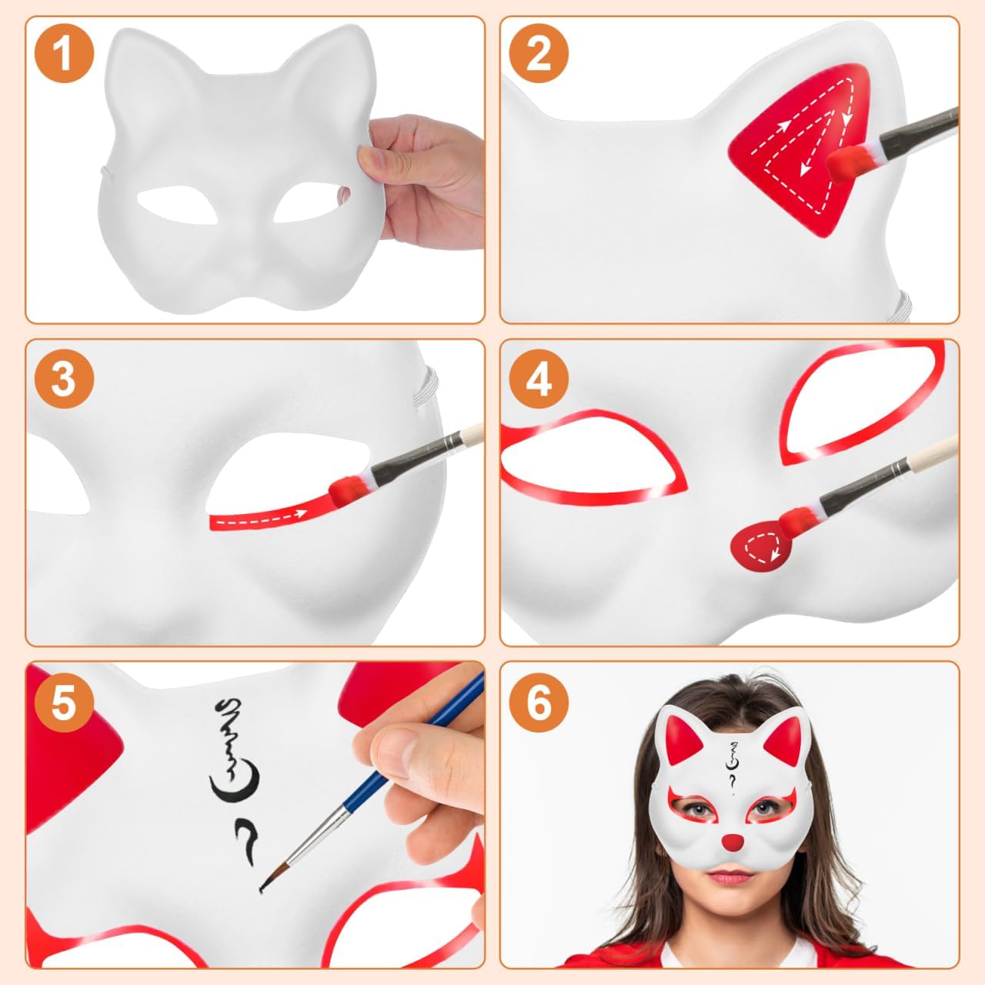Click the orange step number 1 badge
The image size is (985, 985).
click(x=65, y=54)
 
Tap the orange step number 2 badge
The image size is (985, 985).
click(x=539, y=54)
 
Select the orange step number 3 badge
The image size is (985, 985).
click(x=65, y=379)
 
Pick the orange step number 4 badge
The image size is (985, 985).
click(x=539, y=379)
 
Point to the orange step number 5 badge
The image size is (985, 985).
click(x=65, y=703)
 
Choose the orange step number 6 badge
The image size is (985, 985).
click(x=539, y=703)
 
